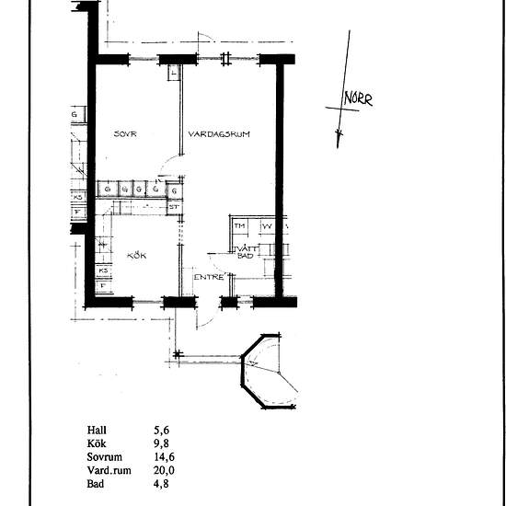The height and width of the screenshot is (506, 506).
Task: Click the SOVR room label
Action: pyautogui.click(x=125, y=134)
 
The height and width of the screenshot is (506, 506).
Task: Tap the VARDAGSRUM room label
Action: pyautogui.click(x=220, y=134)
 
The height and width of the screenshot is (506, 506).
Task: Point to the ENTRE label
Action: pyautogui.click(x=208, y=276)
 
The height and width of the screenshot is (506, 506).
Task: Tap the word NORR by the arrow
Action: pyautogui.click(x=358, y=100)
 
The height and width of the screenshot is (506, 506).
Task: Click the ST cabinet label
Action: pyautogui.click(x=172, y=207)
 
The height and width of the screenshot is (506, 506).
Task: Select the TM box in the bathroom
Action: pyautogui.click(x=240, y=226)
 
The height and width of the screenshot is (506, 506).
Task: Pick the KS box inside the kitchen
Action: pyautogui.click(x=104, y=270)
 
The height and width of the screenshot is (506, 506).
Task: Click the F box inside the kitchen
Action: pyautogui.click(x=103, y=286)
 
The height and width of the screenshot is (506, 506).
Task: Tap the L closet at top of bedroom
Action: pyautogui.click(x=173, y=72)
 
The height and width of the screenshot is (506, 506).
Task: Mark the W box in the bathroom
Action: pyautogui.click(x=268, y=226)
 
